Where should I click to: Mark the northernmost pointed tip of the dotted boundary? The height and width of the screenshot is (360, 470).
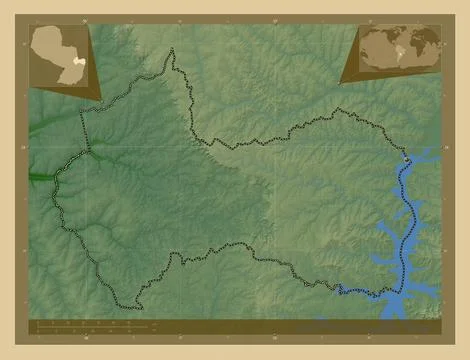pyautogui.click(x=172, y=50)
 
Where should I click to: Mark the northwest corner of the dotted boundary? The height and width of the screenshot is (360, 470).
pyautogui.click(x=82, y=111)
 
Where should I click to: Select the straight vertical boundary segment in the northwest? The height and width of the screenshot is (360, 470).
pyautogui.click(x=85, y=130)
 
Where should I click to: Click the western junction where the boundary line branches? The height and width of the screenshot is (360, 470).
pyautogui.click(x=88, y=151)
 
